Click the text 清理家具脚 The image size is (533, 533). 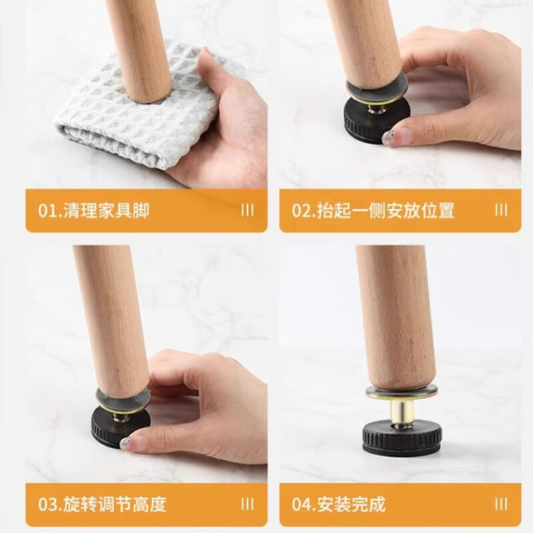click(x=107, y=211)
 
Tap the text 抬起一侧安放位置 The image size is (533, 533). click(x=386, y=211)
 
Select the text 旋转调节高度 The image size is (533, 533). click(x=115, y=505)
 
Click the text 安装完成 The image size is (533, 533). click(x=351, y=505)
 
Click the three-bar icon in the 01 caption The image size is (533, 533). click(x=247, y=211)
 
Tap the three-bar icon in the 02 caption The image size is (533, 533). click(x=501, y=211)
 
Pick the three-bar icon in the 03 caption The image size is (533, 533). click(x=247, y=504)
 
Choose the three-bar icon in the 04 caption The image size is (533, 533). click(x=501, y=504)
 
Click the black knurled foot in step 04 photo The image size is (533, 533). click(x=401, y=437)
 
